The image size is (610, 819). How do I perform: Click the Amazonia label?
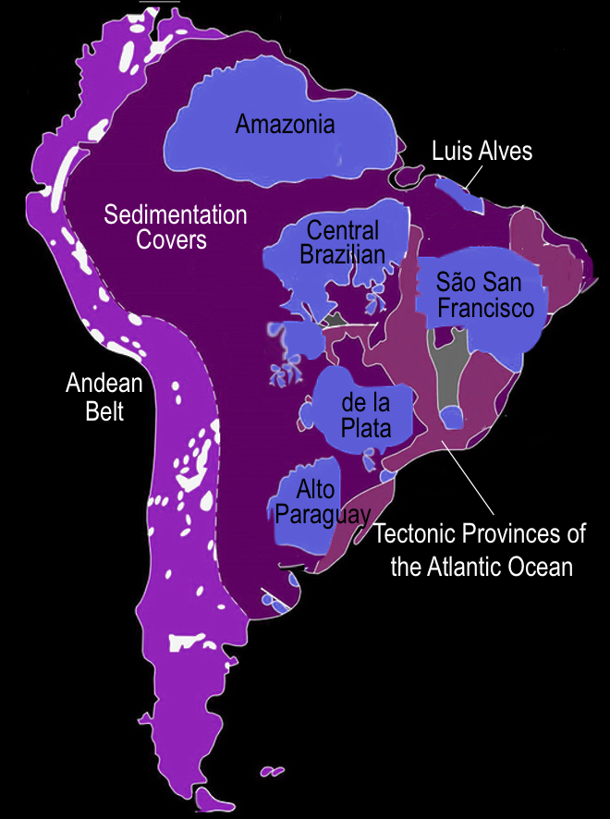pyautogui.click(x=285, y=124)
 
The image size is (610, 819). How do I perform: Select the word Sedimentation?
pyautogui.click(x=176, y=215)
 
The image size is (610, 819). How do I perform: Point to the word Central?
pyautogui.click(x=343, y=230)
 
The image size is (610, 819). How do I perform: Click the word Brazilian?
pyautogui.click(x=342, y=253)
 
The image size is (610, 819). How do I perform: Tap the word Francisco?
pyautogui.click(x=486, y=308)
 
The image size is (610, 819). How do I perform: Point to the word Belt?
pyautogui.click(x=104, y=410)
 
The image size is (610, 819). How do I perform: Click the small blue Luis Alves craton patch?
pyautogui.click(x=452, y=189)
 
